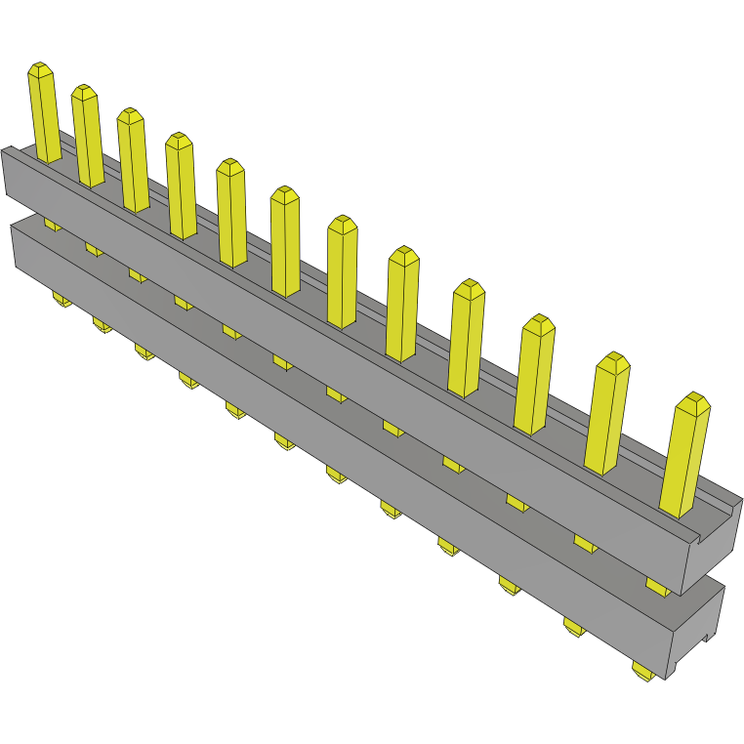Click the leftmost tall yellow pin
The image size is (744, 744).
pos(46,113)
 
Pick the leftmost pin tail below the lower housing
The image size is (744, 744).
pos(59,299)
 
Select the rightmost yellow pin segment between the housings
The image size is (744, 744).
pos(659,585)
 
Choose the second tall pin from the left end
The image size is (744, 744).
pos(88,136)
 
